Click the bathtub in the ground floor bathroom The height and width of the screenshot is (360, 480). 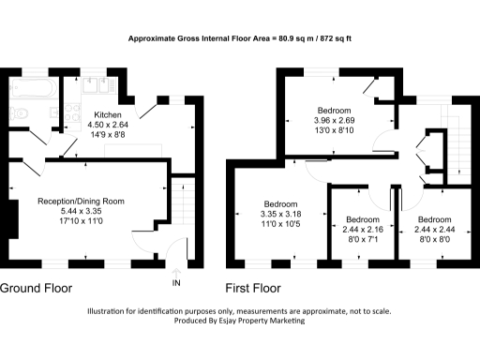tap(32, 92)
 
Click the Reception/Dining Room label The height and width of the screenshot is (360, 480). tap(80, 202)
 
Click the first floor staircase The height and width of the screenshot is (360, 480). tap(457, 141)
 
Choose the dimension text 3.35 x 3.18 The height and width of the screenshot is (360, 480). tap(280, 215)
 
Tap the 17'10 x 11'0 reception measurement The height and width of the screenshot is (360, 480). tap(80, 222)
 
